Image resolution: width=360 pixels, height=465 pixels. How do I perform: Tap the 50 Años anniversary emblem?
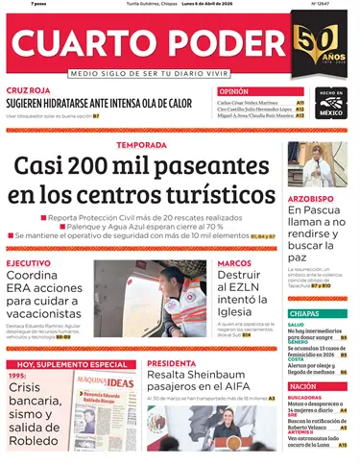pos(318,44)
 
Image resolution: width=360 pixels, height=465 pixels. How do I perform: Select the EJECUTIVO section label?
pos(29,262)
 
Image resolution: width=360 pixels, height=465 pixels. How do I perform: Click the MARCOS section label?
pos(234,262)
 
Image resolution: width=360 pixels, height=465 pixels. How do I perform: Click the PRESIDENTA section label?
pos(172,363)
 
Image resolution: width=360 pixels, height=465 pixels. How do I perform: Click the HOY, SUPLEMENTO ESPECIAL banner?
pos(72,365)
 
